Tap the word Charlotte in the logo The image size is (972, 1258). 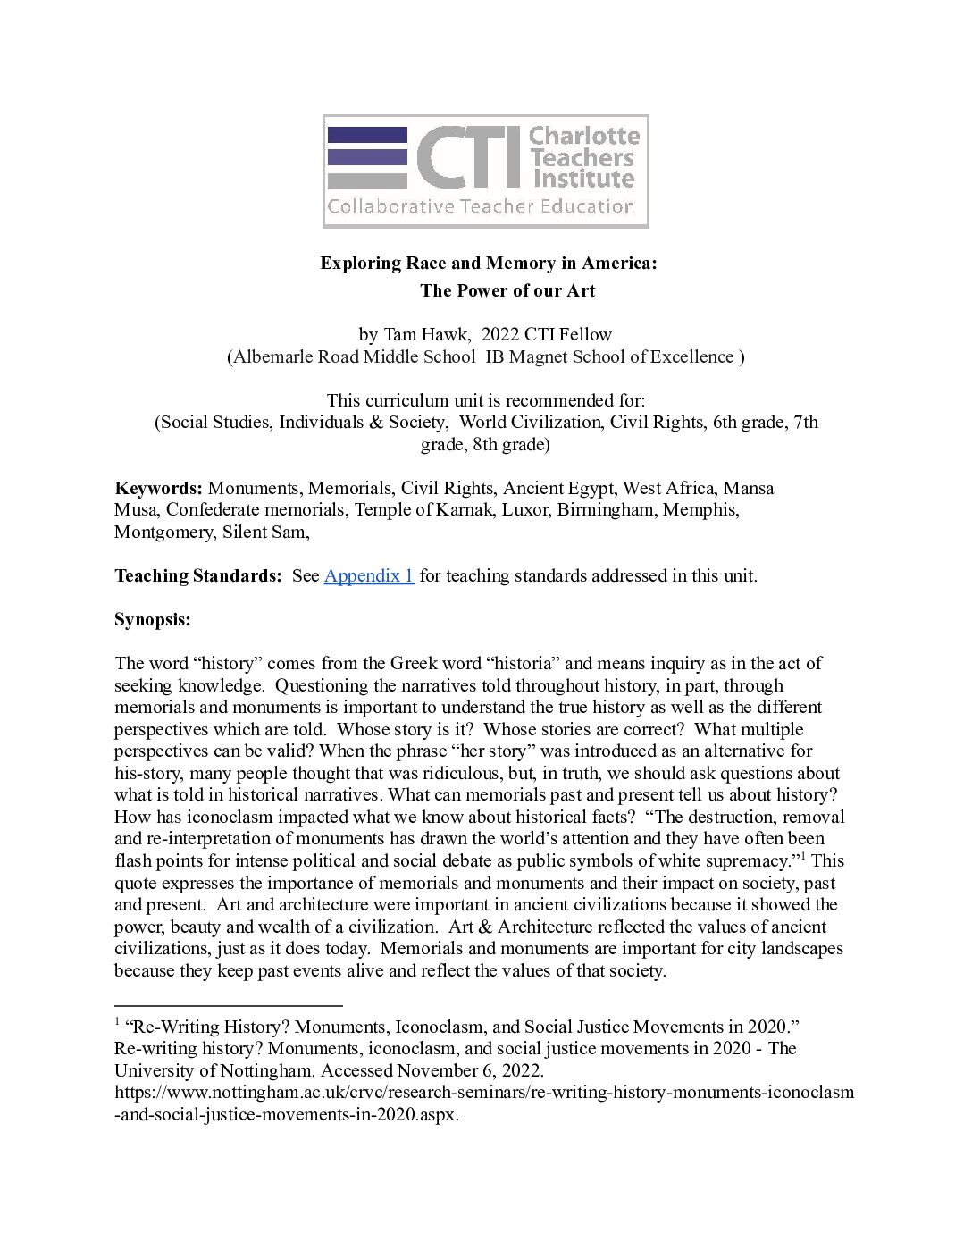[x=584, y=137]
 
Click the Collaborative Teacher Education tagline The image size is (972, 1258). [x=481, y=207]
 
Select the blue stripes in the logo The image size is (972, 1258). [x=367, y=156]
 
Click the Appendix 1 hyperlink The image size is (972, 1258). [x=368, y=575]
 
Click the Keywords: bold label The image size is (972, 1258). [x=158, y=489]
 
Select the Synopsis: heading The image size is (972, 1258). [x=152, y=619]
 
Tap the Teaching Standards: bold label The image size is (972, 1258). [x=197, y=575]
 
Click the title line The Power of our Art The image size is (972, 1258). [x=507, y=290]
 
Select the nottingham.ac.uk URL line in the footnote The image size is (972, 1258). [x=483, y=1092]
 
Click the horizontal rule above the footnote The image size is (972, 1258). [x=229, y=1004]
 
